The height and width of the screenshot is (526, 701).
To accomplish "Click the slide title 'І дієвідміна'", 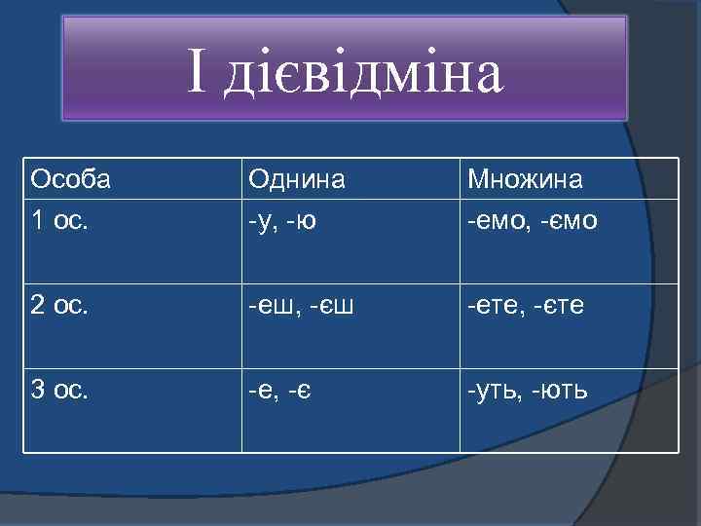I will (x=346, y=73).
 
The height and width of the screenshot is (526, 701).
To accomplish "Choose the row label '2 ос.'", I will (x=59, y=307).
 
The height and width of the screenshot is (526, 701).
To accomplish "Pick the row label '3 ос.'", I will (x=59, y=392).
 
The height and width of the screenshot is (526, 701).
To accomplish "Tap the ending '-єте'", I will (x=558, y=308).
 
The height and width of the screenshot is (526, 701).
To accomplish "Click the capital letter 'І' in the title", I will (x=198, y=73).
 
